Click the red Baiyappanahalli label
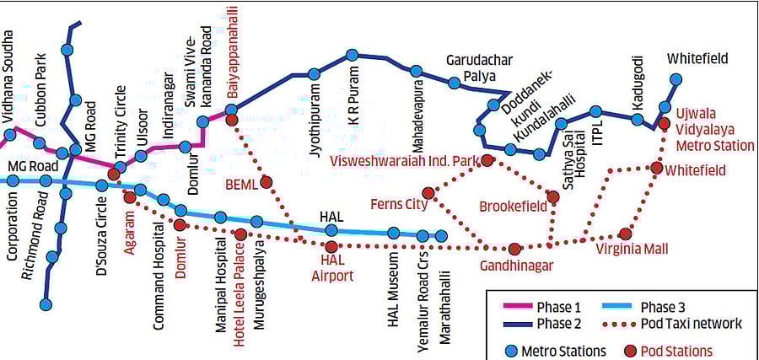click(x=230, y=51)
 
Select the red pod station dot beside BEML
click(x=266, y=181)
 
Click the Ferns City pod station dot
click(x=428, y=193)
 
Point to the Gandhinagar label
click(x=516, y=266)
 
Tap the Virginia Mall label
click(x=632, y=250)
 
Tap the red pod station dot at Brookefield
click(x=552, y=197)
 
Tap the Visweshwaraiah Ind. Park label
click(x=405, y=160)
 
